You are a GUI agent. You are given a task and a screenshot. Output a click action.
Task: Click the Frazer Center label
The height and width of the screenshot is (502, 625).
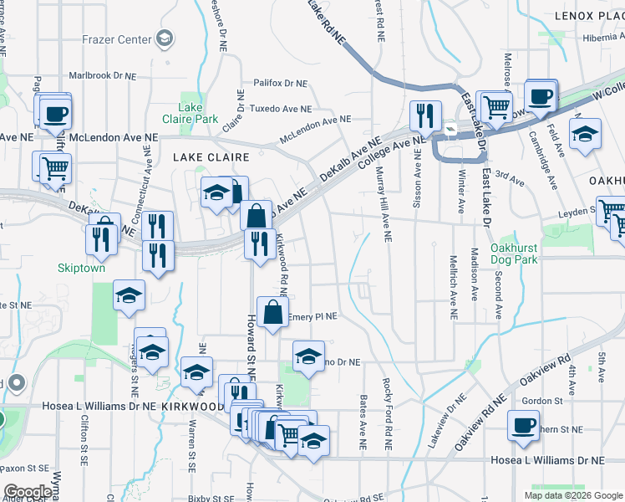[117, 39]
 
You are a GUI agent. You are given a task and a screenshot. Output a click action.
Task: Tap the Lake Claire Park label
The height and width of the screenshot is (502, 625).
[191, 113]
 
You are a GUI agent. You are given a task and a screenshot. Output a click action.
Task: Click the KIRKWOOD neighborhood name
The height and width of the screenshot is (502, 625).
[195, 406]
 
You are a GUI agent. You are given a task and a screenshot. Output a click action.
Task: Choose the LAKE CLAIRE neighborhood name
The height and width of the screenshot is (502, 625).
[211, 156]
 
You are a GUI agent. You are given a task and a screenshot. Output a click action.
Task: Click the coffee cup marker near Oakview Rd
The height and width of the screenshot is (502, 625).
[523, 425]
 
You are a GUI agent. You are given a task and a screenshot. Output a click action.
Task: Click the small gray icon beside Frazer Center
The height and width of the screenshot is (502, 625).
[165, 38]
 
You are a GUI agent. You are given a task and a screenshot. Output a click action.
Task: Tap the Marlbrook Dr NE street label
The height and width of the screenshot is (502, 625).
[102, 75]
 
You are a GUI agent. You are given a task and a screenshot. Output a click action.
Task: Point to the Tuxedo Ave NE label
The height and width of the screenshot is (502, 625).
[282, 109]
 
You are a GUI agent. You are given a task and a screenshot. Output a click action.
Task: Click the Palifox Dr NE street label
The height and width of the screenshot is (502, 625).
[281, 84]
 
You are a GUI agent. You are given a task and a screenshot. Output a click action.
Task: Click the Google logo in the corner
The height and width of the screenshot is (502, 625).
[28, 492]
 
